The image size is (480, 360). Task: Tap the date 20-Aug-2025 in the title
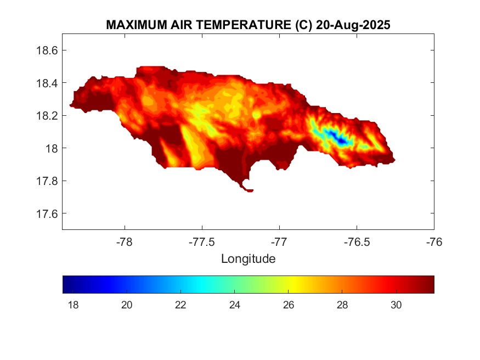click(353, 25)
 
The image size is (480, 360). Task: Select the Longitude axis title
click(248, 258)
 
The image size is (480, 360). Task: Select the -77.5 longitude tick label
click(202, 242)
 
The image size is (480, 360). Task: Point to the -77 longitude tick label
click(280, 242)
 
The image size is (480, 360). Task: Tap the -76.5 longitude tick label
click(357, 242)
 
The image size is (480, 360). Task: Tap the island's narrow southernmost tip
click(249, 190)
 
